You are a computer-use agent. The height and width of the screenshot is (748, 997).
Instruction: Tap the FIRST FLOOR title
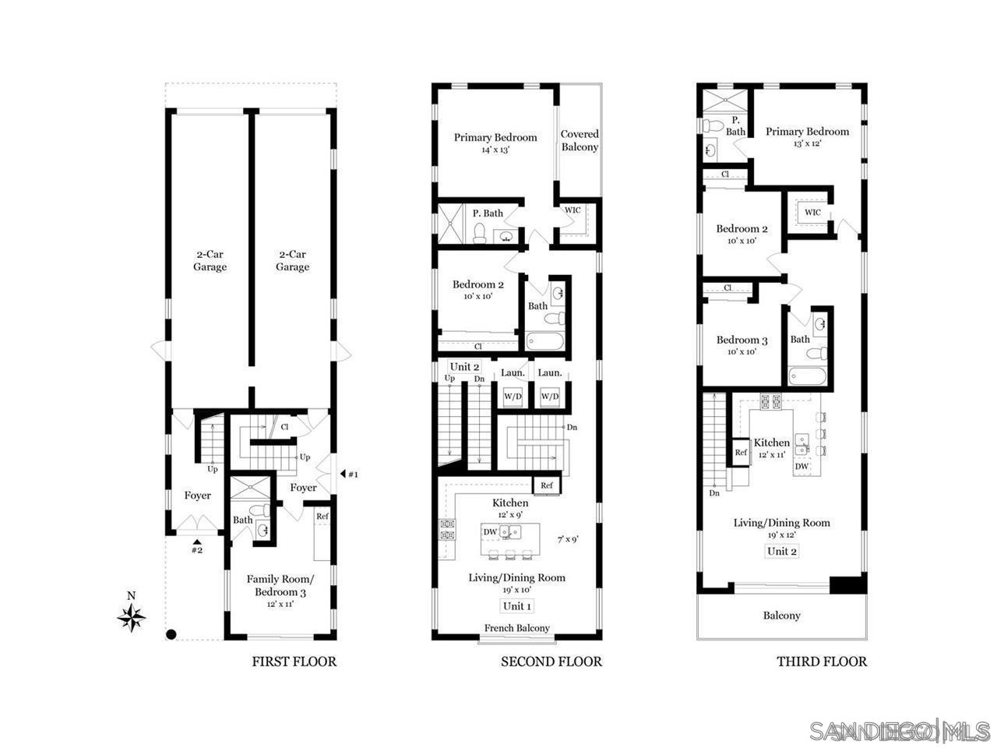[x=294, y=662]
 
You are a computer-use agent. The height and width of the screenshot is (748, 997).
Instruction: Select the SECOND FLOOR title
[x=551, y=662]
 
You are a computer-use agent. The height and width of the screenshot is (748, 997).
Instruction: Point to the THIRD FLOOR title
[x=821, y=662]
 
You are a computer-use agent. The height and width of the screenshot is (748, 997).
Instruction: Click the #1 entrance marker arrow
[x=343, y=474]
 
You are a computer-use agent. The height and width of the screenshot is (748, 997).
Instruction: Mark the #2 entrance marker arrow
[x=197, y=542]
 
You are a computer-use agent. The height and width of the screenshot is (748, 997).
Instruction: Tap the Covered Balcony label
[x=580, y=140]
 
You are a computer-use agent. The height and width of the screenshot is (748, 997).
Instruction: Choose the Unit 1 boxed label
[x=517, y=606]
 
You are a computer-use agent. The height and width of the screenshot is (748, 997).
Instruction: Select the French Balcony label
[x=517, y=628]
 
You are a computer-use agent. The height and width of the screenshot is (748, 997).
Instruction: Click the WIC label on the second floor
[x=572, y=210]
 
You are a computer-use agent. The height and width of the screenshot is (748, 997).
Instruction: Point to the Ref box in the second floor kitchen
[x=546, y=485]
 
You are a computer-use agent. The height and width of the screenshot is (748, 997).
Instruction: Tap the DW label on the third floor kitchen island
[x=801, y=466]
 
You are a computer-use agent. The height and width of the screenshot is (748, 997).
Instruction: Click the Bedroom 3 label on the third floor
[x=742, y=340]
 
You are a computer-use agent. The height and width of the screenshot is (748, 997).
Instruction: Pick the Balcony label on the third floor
[x=781, y=616]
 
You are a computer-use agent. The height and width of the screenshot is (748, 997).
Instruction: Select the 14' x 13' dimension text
[x=495, y=150]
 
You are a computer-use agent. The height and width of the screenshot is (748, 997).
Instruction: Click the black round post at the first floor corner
[x=171, y=634]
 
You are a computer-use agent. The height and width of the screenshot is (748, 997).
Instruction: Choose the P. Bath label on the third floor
[x=735, y=126]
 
